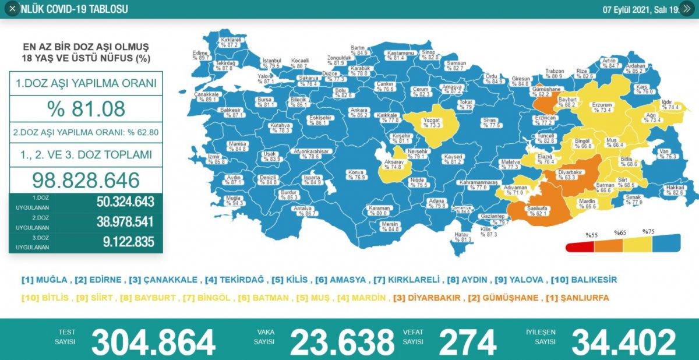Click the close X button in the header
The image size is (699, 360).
12,9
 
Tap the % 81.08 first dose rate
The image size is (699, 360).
86,108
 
